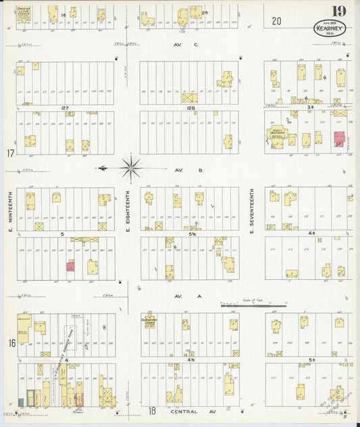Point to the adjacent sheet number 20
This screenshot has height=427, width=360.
[x=277, y=21]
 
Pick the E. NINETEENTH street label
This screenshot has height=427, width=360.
[x=9, y=208]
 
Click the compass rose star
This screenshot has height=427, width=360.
[x=130, y=166]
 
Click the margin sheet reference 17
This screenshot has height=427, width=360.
[x=9, y=154]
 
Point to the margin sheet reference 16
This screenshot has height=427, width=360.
[x=11, y=343]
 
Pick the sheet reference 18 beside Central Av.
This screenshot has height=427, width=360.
[x=153, y=410]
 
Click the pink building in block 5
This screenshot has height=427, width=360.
[x=70, y=266]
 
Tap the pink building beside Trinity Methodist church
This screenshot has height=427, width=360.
[x=338, y=139]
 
